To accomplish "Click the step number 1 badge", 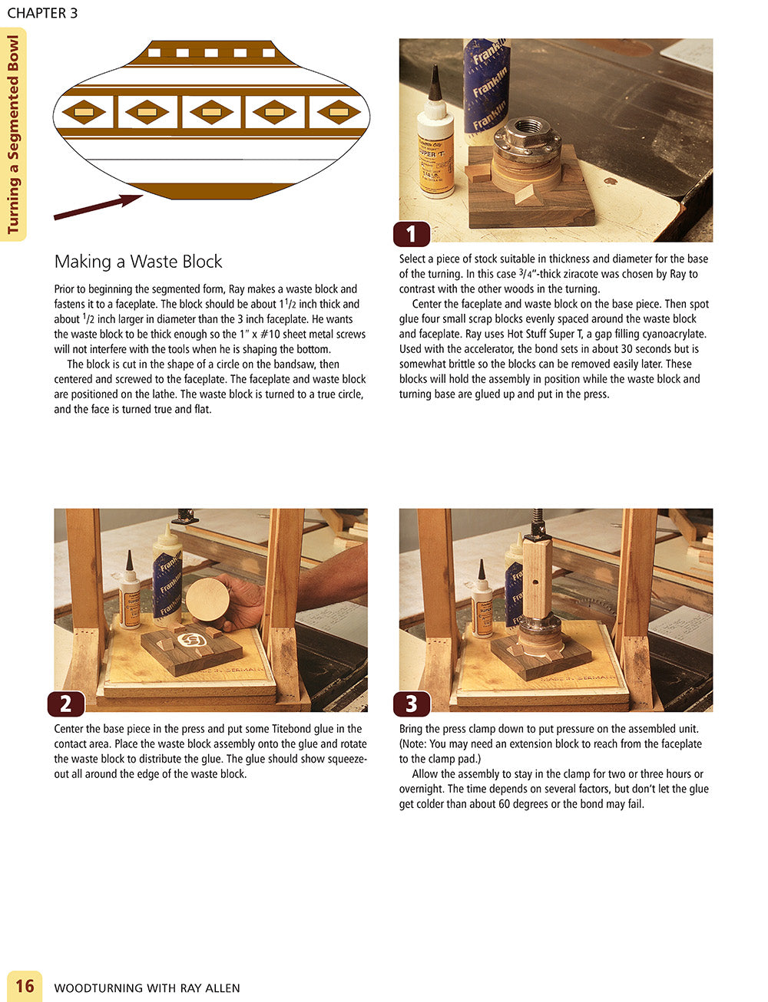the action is coord(411,234).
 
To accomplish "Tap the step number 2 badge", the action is coord(66,704).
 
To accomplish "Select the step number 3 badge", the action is coord(411,704).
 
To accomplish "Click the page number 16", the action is coord(25,987).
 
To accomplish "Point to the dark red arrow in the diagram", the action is coord(98,206).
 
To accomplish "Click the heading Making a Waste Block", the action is coord(138,262).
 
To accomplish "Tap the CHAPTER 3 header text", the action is coord(42,13).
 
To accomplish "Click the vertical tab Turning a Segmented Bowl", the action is coord(13,134).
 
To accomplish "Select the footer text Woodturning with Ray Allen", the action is coord(147,988).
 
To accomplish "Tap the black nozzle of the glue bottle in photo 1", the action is coord(435,83).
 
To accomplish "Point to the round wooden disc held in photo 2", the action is coord(207,599).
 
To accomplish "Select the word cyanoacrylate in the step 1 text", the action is coord(674,335).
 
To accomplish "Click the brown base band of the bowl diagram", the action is coord(211,191).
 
